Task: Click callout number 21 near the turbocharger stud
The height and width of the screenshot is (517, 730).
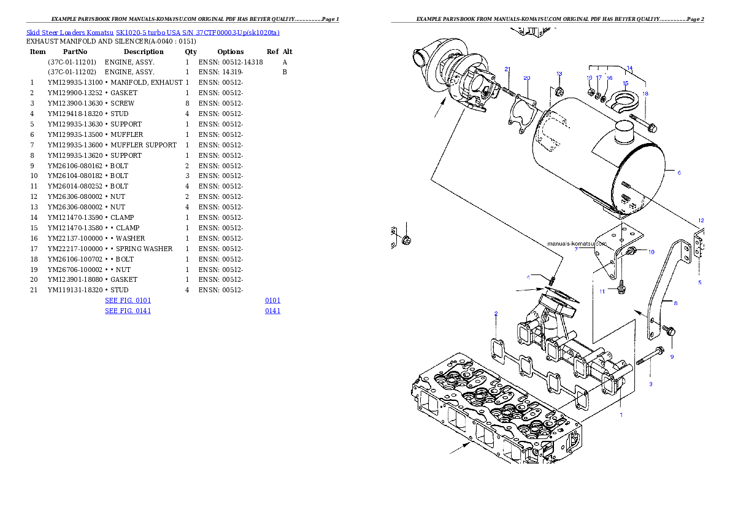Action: click(x=507, y=69)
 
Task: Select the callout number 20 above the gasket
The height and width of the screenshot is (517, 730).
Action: click(x=526, y=78)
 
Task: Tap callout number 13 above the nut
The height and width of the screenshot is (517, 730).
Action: click(x=559, y=74)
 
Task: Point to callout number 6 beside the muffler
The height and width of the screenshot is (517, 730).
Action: click(x=679, y=173)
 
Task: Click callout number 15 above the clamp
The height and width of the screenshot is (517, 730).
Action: click(x=625, y=83)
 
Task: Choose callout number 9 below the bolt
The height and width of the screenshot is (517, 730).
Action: click(x=672, y=357)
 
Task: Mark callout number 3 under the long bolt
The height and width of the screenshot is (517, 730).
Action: click(x=651, y=384)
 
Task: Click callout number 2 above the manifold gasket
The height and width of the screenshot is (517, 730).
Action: click(x=496, y=314)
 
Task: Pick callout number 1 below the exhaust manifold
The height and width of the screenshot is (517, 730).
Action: click(x=621, y=415)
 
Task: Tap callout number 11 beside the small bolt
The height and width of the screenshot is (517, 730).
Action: click(x=602, y=291)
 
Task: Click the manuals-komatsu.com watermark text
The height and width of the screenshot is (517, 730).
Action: click(x=577, y=243)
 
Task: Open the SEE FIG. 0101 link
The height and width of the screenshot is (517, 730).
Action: click(x=128, y=300)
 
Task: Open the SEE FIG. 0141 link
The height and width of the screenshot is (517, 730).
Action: click(x=128, y=311)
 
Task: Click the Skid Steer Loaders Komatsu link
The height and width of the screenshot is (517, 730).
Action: click(x=70, y=33)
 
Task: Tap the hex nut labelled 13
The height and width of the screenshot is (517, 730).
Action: click(x=559, y=93)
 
